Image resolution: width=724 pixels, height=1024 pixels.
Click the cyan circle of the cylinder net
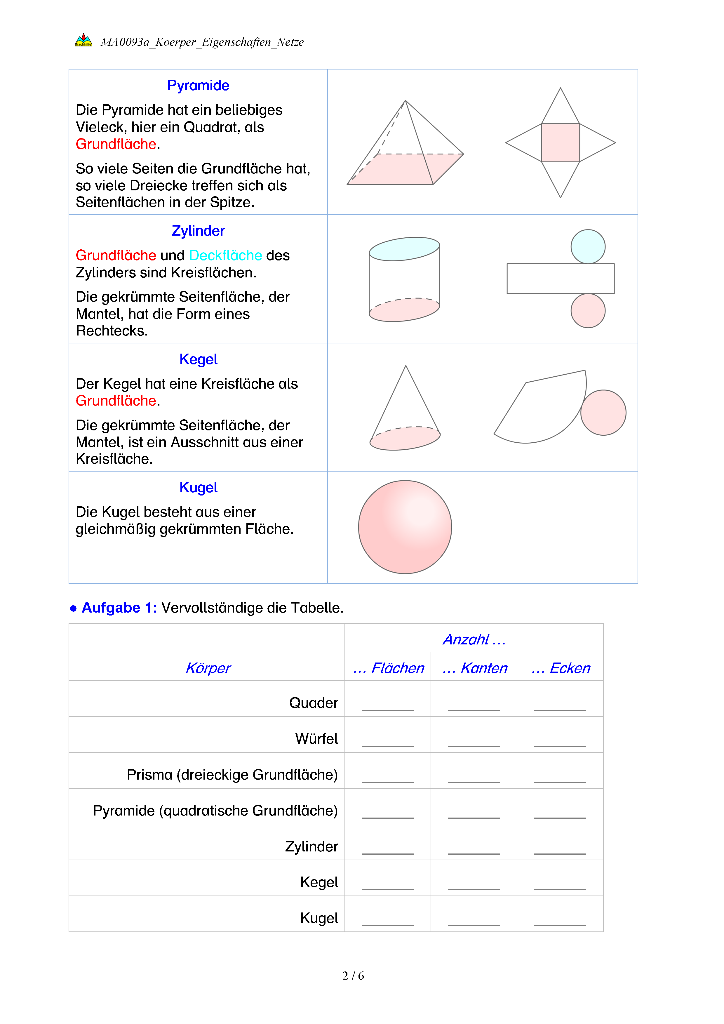[588, 247]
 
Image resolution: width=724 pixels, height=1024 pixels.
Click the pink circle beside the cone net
[603, 413]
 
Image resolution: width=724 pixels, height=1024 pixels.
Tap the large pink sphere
[405, 527]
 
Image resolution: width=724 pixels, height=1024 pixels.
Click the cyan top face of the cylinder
[404, 249]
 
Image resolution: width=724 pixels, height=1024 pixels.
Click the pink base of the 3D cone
[405, 439]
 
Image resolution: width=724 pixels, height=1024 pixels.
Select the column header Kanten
[474, 668]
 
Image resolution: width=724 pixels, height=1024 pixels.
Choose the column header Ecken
[561, 668]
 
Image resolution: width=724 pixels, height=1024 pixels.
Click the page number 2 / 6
[353, 976]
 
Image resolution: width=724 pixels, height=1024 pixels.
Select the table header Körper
[208, 668]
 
